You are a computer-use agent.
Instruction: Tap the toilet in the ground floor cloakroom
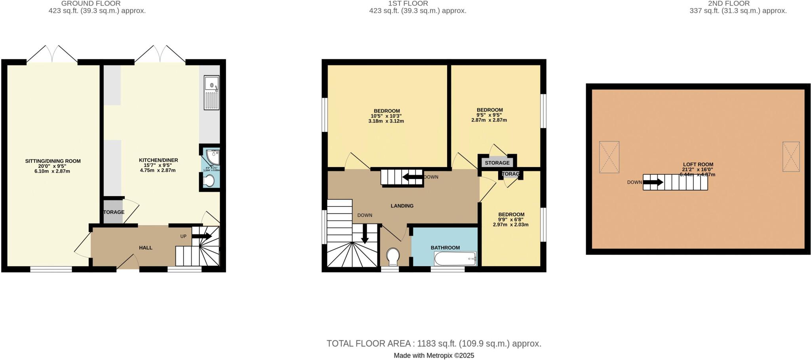pyautogui.click(x=209, y=181)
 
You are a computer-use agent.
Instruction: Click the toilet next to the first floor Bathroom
pyautogui.click(x=393, y=256)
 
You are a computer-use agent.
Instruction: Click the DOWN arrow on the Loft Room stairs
pyautogui.click(x=653, y=183)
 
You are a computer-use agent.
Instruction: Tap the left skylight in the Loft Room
pyautogui.click(x=609, y=157)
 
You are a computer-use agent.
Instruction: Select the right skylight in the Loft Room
pyautogui.click(x=791, y=156)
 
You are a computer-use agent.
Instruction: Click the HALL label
pyautogui.click(x=146, y=248)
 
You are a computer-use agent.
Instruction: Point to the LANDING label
pyautogui.click(x=402, y=206)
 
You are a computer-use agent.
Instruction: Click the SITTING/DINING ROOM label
pyautogui.click(x=53, y=161)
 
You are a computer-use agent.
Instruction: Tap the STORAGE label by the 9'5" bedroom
pyautogui.click(x=497, y=163)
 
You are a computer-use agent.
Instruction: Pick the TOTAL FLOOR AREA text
pyautogui.click(x=434, y=344)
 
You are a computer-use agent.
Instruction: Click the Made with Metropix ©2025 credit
pyautogui.click(x=434, y=356)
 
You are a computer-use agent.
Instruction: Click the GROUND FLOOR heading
pyautogui.click(x=91, y=4)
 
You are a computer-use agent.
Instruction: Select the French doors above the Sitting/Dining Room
pyautogui.click(x=52, y=54)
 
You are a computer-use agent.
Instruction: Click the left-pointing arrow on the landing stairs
pyautogui.click(x=412, y=177)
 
